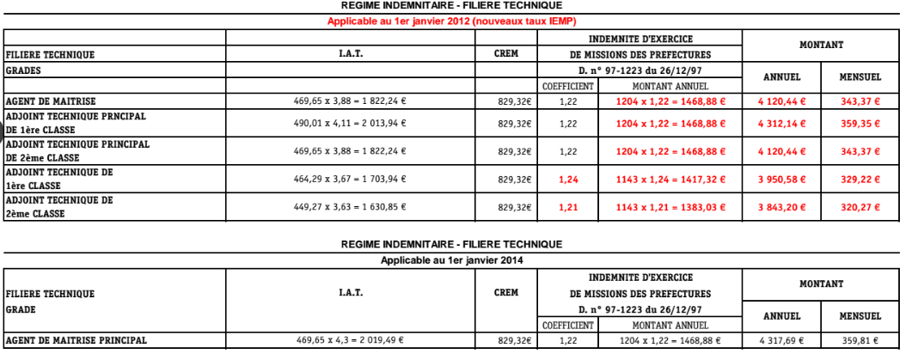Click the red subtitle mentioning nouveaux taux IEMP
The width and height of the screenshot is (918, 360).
click(x=451, y=20)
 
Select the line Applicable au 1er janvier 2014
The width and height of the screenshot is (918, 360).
click(x=451, y=259)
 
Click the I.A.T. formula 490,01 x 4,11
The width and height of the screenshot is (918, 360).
click(x=350, y=123)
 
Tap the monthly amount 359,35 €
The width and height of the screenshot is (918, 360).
click(x=861, y=123)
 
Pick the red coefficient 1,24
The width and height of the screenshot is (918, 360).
click(x=567, y=179)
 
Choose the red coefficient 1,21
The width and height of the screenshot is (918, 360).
click(x=567, y=207)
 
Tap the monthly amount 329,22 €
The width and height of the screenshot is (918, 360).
click(x=861, y=179)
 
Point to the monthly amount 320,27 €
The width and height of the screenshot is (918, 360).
click(x=861, y=207)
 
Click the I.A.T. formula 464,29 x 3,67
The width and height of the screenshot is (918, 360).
click(x=350, y=179)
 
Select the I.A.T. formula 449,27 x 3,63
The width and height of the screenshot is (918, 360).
click(x=350, y=207)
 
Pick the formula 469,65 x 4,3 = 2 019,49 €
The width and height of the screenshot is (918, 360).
click(x=350, y=340)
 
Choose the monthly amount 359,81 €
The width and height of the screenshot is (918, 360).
click(x=861, y=340)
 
